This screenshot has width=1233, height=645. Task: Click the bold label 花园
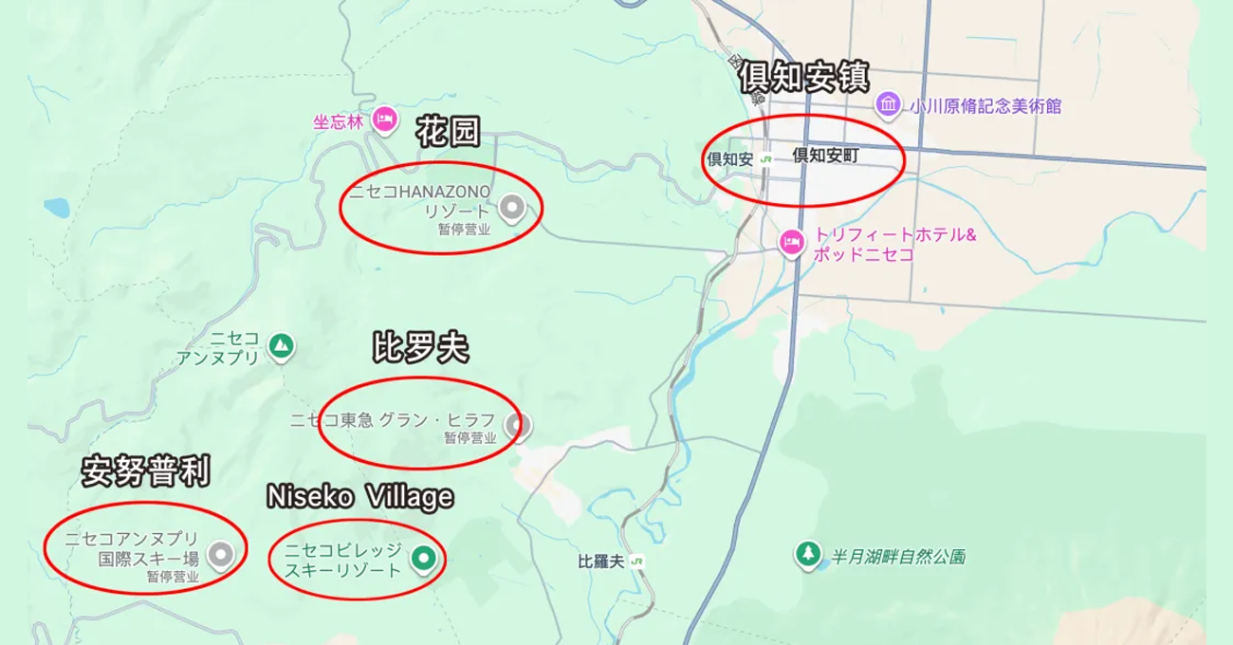coord(448,133)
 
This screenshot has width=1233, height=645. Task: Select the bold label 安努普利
coord(145,471)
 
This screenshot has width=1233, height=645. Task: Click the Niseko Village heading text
coord(359,496)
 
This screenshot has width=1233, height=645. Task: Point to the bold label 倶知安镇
coord(803,78)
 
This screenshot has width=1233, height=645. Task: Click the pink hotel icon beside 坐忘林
coord(384,120)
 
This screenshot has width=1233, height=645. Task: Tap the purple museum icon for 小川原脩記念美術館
coord(888,104)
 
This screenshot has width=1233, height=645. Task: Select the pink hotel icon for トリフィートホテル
coord(791,243)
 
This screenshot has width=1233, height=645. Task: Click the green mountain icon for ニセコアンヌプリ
coord(280,346)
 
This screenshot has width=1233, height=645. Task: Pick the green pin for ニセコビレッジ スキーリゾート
coord(423,560)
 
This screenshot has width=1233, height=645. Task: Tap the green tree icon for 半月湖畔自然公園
coord(808,553)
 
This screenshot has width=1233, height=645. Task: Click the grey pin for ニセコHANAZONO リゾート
coord(512,207)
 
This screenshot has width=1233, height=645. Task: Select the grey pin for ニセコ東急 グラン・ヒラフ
coord(515,425)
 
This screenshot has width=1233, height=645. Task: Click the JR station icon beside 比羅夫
coord(636,562)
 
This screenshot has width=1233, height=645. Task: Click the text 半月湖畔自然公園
coord(898,557)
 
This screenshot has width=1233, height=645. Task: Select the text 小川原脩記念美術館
coord(985,106)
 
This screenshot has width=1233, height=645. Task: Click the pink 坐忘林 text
coord(339,122)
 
